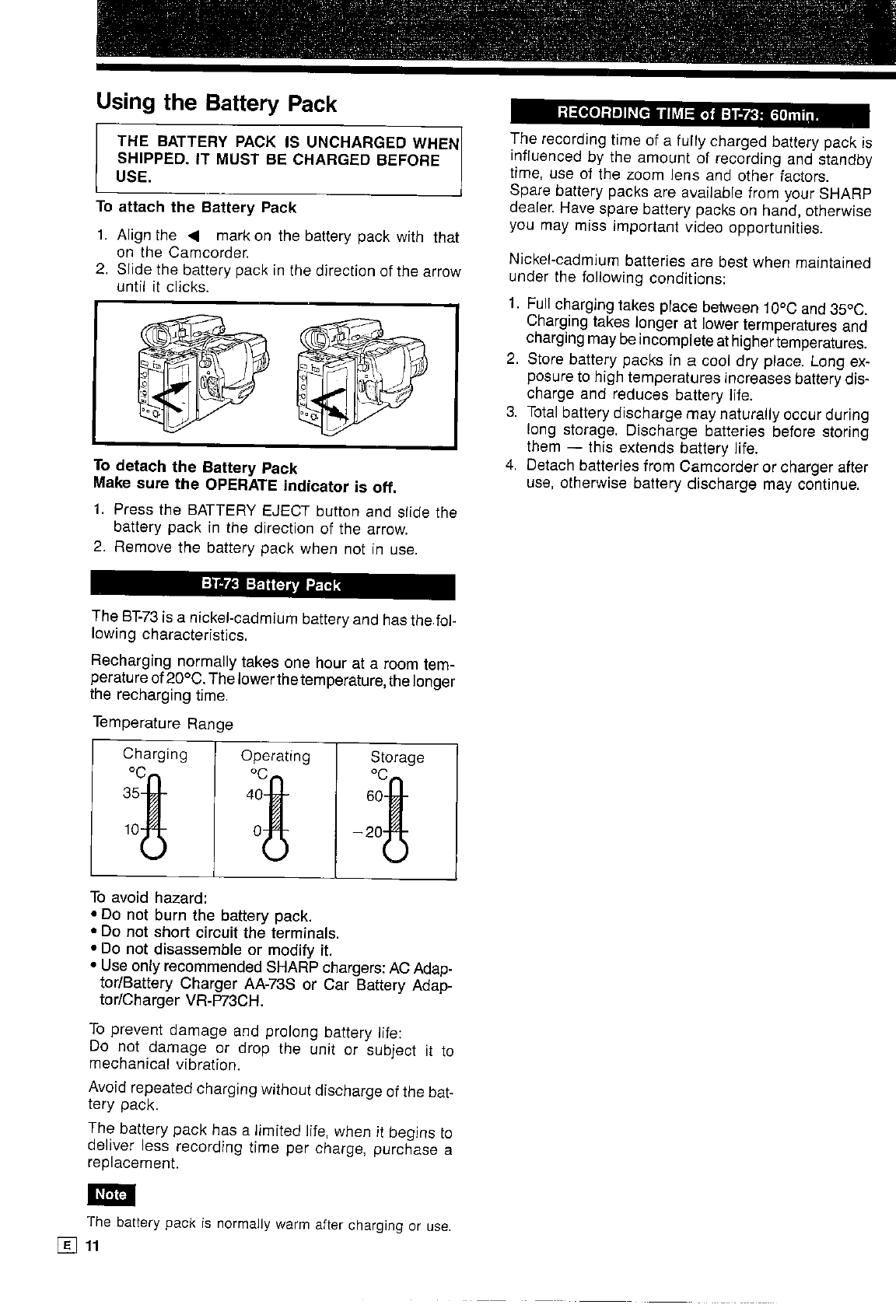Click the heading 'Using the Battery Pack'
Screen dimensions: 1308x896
[x=216, y=103]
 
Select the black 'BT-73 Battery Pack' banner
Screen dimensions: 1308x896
[x=272, y=585]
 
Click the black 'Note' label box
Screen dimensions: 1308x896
[x=110, y=1194]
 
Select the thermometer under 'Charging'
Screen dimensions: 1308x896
[x=152, y=817]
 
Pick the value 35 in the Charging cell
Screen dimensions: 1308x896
[x=131, y=795]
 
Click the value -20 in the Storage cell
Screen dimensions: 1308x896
[x=368, y=831]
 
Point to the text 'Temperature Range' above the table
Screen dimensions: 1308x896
[x=163, y=724]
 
